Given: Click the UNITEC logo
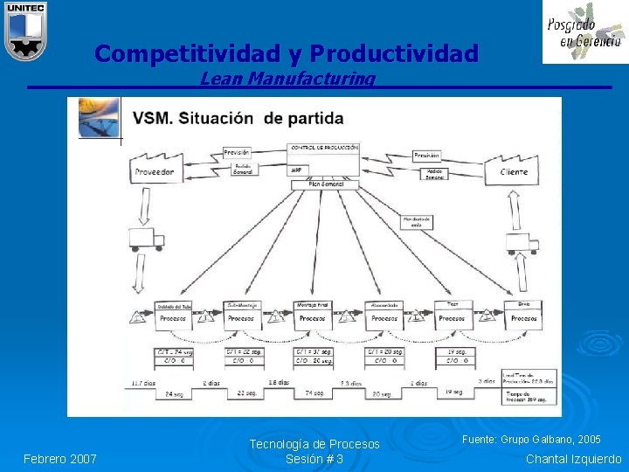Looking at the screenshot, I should pyautogui.click(x=24, y=31).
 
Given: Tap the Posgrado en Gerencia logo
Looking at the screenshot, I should pyautogui.click(x=584, y=32).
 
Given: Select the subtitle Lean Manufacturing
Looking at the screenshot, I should pyautogui.click(x=287, y=80).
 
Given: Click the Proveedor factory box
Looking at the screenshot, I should pyautogui.click(x=155, y=168).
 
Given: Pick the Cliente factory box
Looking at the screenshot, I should pyautogui.click(x=514, y=169).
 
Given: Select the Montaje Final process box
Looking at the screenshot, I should pyautogui.click(x=312, y=314).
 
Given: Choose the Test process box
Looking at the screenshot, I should pyautogui.click(x=452, y=314).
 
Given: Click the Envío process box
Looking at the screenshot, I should pyautogui.click(x=523, y=314).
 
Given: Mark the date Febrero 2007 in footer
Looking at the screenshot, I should pyautogui.click(x=60, y=459).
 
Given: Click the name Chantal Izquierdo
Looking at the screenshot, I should pyautogui.click(x=574, y=459).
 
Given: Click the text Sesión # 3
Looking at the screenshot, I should pyautogui.click(x=314, y=459).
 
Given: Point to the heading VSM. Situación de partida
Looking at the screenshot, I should pyautogui.click(x=238, y=118).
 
